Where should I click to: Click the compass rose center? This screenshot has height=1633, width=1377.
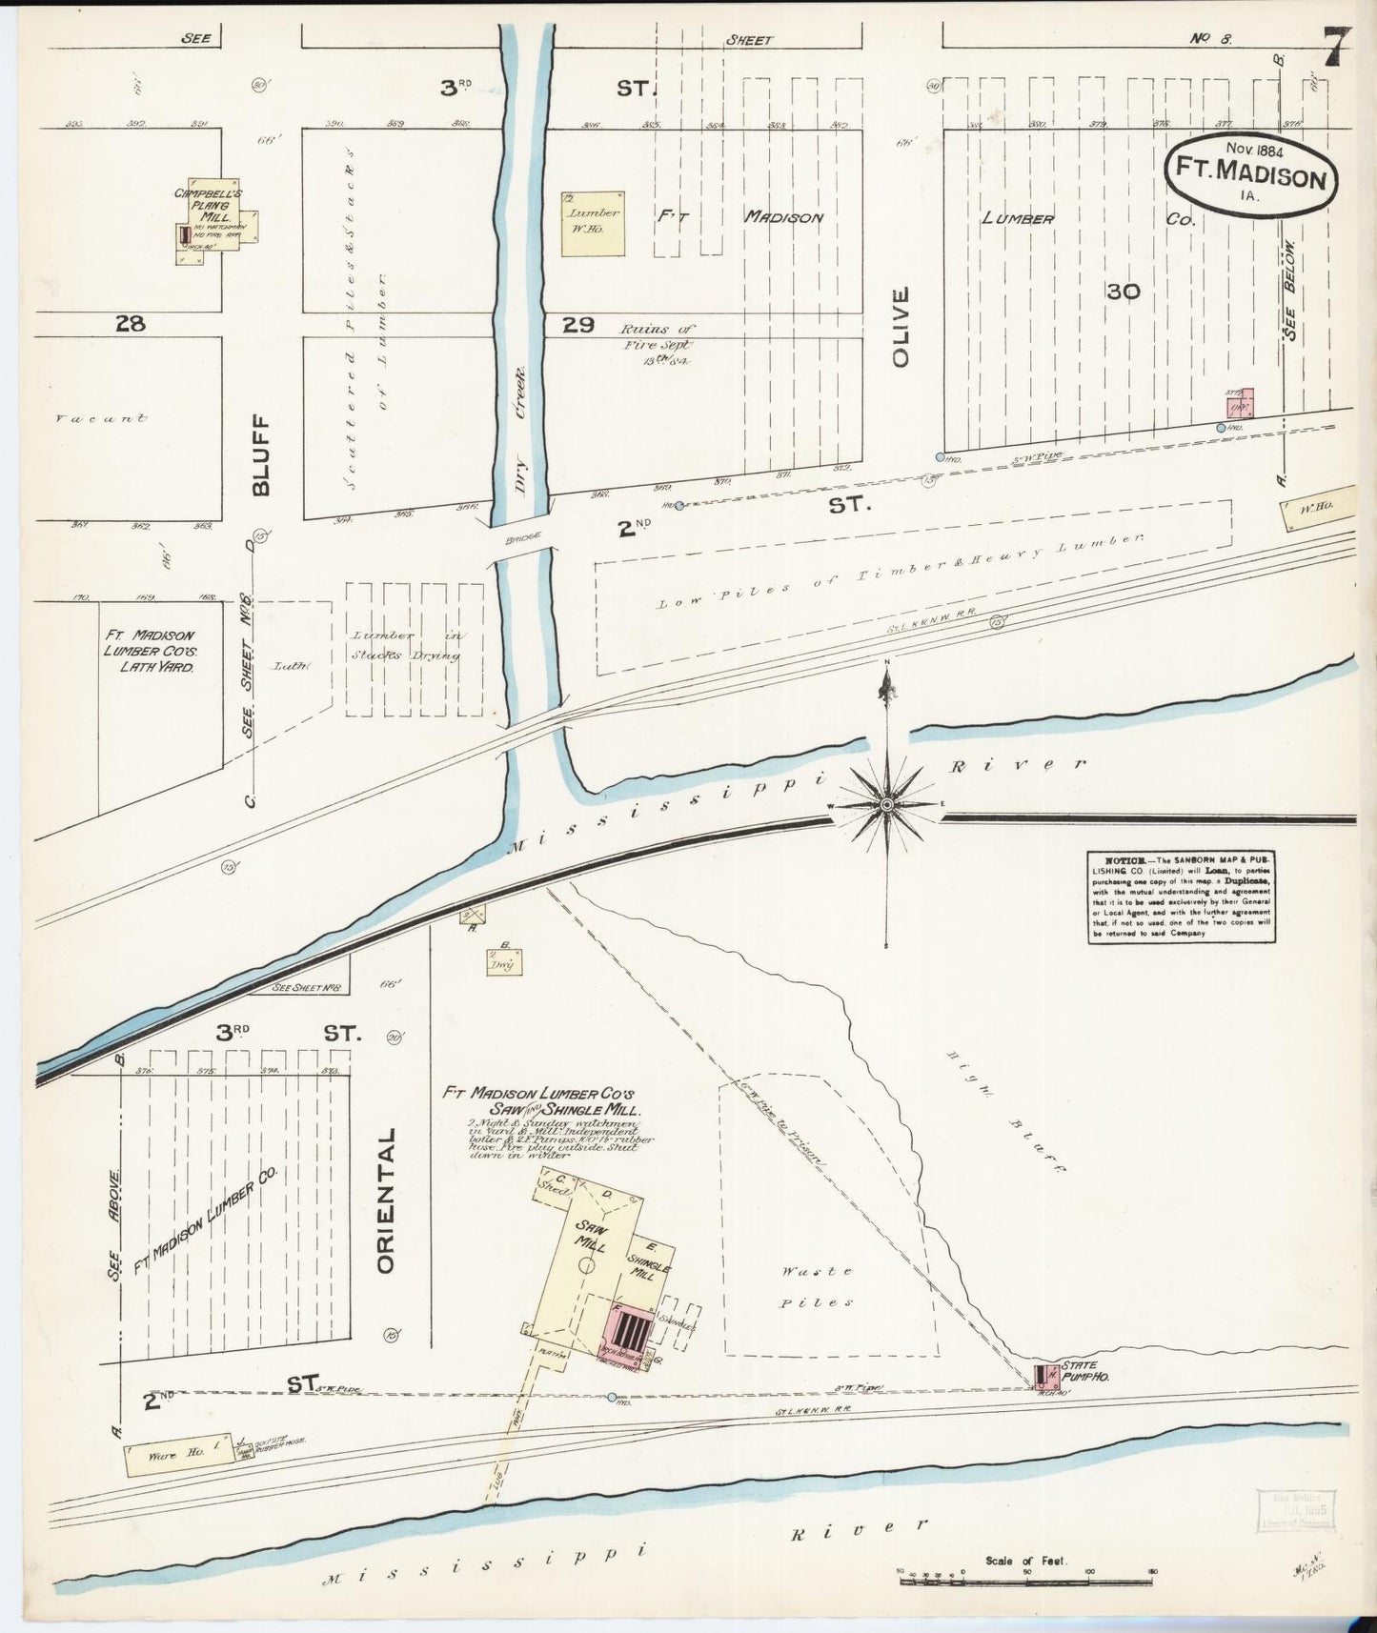tap(887, 805)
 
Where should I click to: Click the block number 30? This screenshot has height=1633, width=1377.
tap(1124, 292)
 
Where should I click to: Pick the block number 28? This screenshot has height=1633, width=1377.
tap(130, 324)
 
